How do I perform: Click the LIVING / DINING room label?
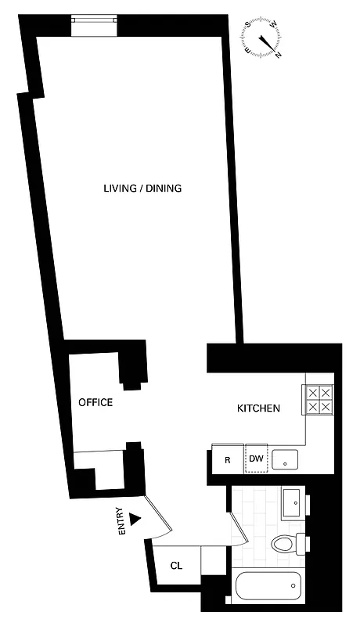point(142,189)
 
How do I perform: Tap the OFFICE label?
point(95,403)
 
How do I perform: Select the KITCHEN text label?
point(258,408)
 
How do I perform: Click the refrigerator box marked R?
point(227,460)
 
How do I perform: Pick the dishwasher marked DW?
point(256,460)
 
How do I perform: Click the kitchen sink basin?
point(286,459)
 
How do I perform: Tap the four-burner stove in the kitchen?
point(319,399)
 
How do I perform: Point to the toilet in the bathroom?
point(286,542)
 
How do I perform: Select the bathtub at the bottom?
point(266,585)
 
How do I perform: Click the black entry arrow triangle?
point(136,517)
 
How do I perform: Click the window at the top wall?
point(94,26)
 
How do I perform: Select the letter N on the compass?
point(278,55)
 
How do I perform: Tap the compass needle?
point(268,39)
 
